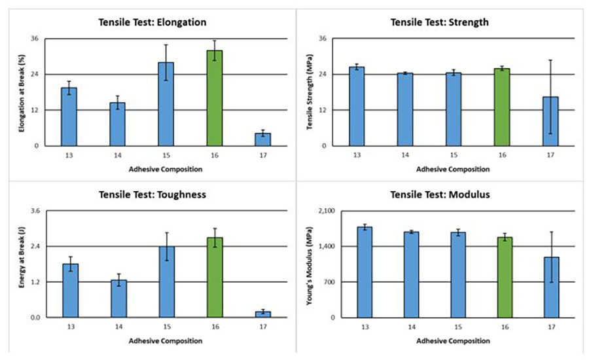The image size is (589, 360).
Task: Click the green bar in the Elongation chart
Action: (x=215, y=98)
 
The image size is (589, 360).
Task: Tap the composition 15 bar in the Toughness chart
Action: (x=167, y=281)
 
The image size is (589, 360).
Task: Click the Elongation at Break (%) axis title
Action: (x=22, y=92)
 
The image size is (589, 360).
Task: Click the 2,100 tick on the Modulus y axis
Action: (x=325, y=211)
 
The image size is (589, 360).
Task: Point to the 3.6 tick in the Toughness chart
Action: (x=35, y=211)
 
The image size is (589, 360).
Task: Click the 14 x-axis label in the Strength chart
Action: (x=405, y=154)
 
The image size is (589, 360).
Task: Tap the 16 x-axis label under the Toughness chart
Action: (x=215, y=327)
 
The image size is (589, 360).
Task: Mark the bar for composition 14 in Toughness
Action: (x=118, y=298)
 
